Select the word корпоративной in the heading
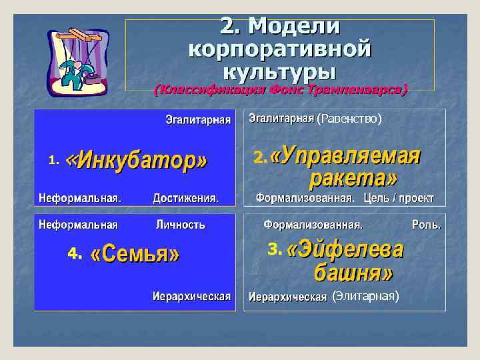[280, 49]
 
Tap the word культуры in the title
[280, 70]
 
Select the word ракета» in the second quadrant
[354, 178]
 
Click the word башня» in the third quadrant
[353, 273]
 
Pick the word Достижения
[185, 198]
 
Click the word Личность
[181, 225]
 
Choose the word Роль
[426, 225]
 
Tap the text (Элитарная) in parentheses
[365, 296]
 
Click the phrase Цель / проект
[399, 198]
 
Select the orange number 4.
[73, 254]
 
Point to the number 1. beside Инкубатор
[54, 160]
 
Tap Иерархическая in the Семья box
[191, 296]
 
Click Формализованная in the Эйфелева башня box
[313, 225]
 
